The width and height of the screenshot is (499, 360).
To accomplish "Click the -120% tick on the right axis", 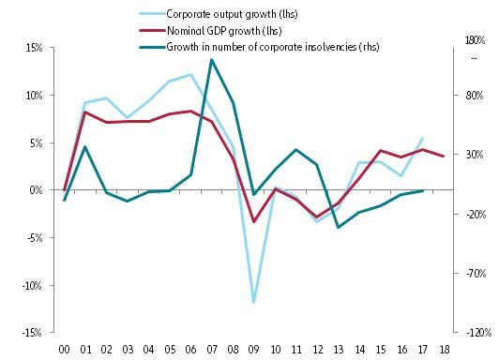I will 470,333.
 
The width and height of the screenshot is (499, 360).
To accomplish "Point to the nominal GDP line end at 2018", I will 443,157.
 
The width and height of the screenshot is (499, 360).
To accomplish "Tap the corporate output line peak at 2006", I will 190,75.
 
